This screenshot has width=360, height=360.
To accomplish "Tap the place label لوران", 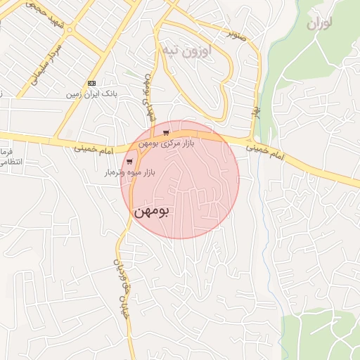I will tap(319, 22).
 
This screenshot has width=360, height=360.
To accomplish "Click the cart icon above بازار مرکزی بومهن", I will tap(165, 132).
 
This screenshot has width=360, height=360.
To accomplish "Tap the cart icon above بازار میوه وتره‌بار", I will tap(129, 161).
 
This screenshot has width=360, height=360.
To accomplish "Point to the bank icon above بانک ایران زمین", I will tap(91, 83).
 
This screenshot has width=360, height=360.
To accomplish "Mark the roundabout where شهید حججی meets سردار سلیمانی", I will tap(69, 31).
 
